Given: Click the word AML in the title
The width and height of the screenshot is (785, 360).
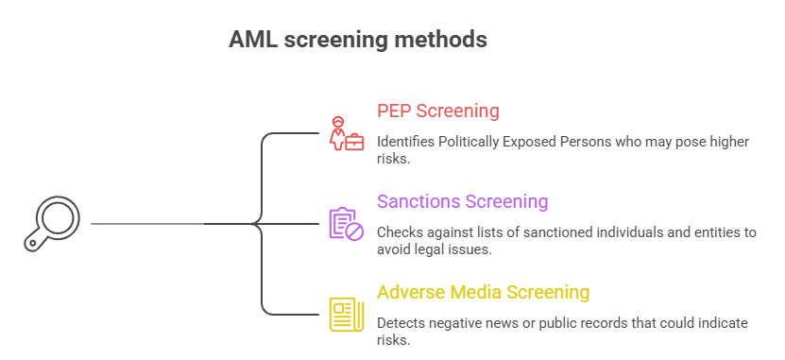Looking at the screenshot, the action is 253,40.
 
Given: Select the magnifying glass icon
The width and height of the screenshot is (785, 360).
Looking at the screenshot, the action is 52,223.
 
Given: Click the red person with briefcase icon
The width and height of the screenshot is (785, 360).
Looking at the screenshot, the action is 346,133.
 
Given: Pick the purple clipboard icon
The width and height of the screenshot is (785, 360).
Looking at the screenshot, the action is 346,223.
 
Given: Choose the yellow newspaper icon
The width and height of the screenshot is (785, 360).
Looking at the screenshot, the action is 346,315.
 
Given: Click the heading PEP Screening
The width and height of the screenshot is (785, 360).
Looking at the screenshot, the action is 438,111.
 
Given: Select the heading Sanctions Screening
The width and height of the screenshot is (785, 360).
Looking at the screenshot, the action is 463,201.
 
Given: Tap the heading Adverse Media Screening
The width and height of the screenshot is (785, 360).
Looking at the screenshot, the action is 483,292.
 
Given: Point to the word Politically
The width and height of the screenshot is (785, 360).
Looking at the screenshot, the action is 469,142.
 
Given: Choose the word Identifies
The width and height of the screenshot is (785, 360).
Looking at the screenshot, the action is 406,142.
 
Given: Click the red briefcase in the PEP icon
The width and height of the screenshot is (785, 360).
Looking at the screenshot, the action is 355,142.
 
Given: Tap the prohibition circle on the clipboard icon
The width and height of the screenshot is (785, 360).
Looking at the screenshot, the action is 355,231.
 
